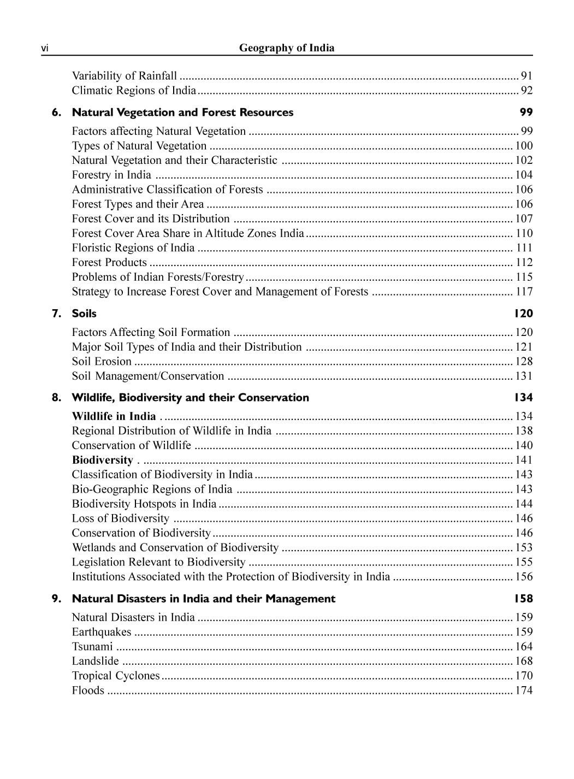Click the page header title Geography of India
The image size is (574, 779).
coord(286,48)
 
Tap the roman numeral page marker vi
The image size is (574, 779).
coord(45,49)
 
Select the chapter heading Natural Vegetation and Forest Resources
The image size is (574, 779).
coord(182,113)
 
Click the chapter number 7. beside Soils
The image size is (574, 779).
coord(57,314)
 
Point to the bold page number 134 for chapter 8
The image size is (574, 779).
coord(523,398)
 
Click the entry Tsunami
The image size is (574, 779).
coord(92,647)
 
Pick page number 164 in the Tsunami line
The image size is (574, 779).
coord(524,647)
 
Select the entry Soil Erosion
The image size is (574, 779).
coord(102,362)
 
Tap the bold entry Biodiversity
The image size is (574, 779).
coord(102,460)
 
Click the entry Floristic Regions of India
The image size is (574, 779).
coord(133,248)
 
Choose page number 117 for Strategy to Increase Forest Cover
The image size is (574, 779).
coord(524,292)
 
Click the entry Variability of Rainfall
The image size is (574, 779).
coord(124,76)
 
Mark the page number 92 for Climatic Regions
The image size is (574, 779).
coord(526,91)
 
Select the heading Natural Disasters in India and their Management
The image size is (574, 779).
coord(203,599)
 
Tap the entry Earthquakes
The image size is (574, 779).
coord(102,632)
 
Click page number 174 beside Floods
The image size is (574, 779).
coord(524,691)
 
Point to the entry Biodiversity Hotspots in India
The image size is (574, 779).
coord(144,504)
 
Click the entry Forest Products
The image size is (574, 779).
coord(109,263)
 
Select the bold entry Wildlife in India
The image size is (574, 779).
coord(114,416)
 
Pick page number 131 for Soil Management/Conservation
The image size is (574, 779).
coord(524,376)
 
